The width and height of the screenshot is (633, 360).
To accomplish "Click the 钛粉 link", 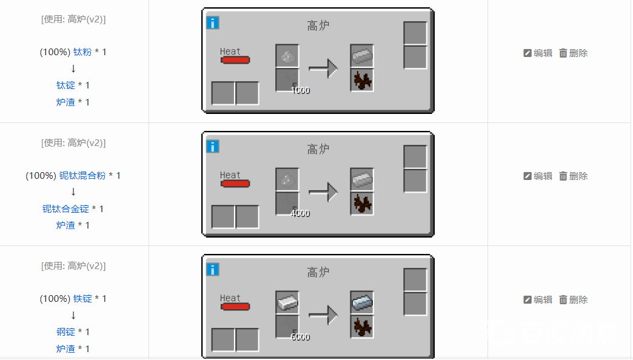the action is tap(82, 52).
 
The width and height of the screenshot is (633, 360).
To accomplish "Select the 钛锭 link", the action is tap(65, 85).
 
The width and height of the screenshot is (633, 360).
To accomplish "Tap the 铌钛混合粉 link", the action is tap(82, 176).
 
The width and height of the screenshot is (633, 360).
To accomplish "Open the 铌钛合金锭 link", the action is tap(65, 209).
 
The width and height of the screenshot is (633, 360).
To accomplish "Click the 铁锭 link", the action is tap(82, 299).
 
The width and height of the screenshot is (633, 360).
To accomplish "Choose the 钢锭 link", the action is tap(65, 332).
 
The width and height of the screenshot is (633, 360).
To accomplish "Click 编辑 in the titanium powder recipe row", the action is tap(538, 53).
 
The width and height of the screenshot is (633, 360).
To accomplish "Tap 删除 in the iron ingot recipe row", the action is tap(573, 299).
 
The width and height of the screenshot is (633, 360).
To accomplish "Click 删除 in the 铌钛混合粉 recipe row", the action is tap(573, 176).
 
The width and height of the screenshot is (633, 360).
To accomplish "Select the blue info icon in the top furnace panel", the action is tap(213, 22).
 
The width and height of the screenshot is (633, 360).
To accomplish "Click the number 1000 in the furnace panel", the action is tap(300, 90).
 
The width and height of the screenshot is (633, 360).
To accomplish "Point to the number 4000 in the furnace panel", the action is tap(300, 213).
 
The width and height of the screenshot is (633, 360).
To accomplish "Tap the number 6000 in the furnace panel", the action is tap(300, 337).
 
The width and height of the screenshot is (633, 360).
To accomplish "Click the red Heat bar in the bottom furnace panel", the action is tap(235, 307).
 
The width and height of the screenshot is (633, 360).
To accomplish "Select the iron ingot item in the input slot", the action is tap(287, 302).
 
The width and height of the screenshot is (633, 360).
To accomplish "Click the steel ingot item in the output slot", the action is tap(362, 302).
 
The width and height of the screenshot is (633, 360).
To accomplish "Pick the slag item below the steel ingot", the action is tap(362, 327).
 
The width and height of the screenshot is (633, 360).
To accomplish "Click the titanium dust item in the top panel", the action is tap(287, 57).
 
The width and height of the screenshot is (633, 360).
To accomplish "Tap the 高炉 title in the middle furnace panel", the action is tap(318, 149).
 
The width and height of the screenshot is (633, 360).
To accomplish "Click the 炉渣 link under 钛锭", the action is tap(65, 102).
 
